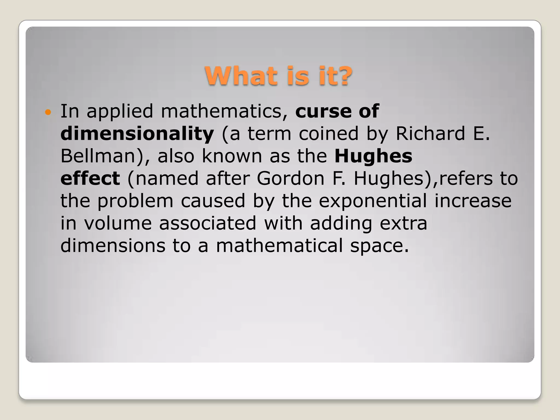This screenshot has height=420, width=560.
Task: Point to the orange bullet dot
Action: (x=48, y=112)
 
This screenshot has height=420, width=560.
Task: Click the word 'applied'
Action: (x=120, y=112)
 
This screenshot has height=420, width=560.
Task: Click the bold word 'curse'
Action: (x=323, y=111)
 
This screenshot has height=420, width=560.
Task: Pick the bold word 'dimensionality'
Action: (x=137, y=134)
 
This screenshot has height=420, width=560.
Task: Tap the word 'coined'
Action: (x=328, y=134)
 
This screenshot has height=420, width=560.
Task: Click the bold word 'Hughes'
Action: (x=373, y=156)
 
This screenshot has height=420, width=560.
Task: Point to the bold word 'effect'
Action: (x=90, y=179)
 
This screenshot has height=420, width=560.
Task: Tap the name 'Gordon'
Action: (x=291, y=179)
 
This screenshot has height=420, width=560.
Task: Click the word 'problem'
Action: (x=135, y=201)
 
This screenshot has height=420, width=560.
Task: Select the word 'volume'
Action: (x=118, y=223)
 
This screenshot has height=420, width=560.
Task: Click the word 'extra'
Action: (x=403, y=223)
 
